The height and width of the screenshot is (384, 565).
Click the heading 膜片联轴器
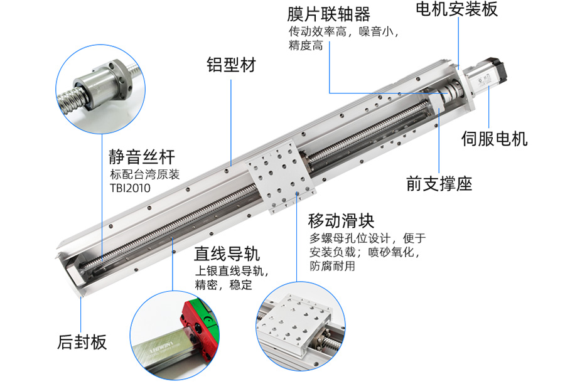[328, 14]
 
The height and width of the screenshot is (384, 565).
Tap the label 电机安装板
[456, 9]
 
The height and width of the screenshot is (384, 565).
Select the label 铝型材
[231, 65]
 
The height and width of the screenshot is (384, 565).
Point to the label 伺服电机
[495, 139]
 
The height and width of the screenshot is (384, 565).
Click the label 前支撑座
[439, 184]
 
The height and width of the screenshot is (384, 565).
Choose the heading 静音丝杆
[142, 157]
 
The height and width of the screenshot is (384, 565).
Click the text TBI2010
[130, 188]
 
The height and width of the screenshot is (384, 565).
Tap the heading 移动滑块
[342, 220]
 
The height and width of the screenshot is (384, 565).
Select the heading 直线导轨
[227, 253]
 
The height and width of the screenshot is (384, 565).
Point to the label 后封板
[82, 341]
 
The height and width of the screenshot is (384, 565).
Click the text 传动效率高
[318, 32]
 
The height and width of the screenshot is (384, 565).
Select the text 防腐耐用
[332, 266]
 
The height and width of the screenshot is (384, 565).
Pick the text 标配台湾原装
[145, 174]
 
